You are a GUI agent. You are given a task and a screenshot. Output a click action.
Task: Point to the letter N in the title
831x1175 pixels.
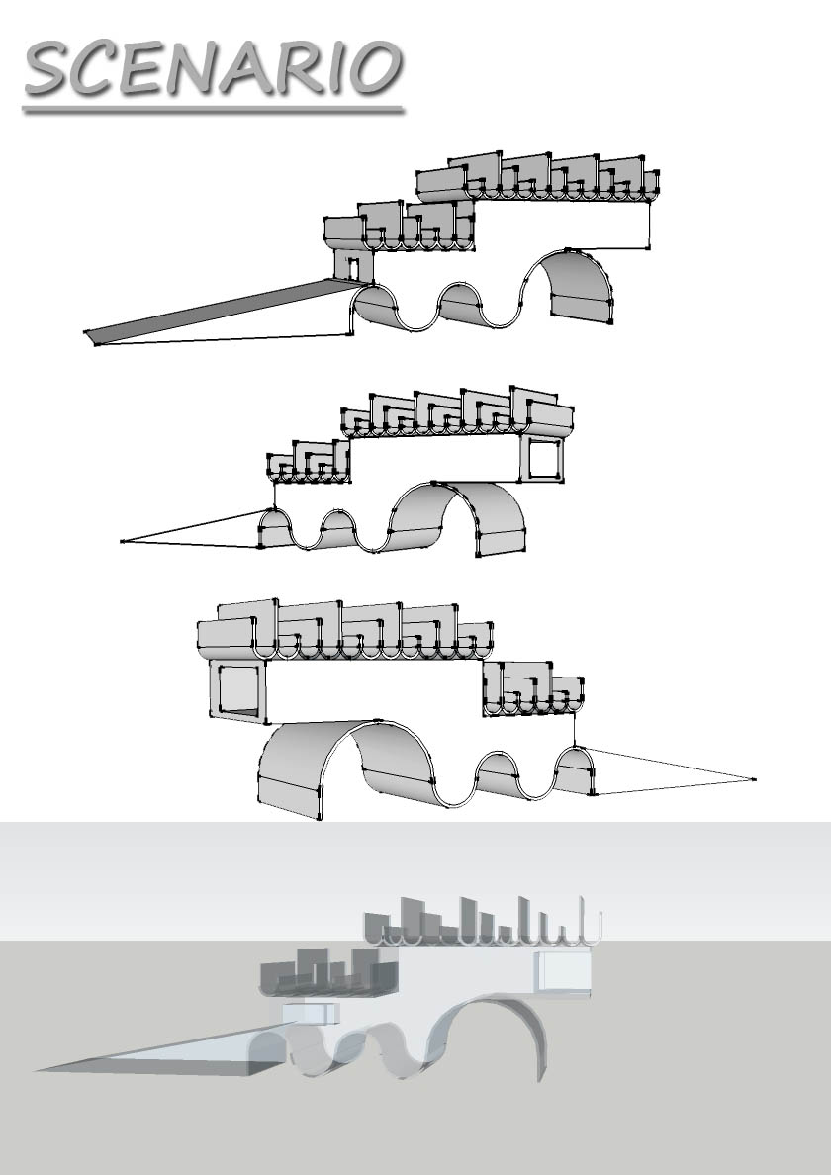pyautogui.click(x=195, y=68)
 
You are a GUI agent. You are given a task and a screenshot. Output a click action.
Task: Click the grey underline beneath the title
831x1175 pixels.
pyautogui.click(x=214, y=110)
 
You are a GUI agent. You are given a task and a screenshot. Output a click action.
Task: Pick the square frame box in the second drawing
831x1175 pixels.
pyautogui.click(x=541, y=459)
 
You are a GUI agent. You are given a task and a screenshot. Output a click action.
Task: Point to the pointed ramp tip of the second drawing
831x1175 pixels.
pyautogui.click(x=123, y=541)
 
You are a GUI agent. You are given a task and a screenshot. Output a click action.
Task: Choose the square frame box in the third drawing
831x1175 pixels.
pyautogui.click(x=237, y=690)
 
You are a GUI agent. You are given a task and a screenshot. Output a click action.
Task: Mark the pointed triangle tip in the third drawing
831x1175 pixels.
pyautogui.click(x=753, y=780)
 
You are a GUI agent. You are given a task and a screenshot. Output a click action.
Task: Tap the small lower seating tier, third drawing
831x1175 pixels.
pyautogui.click(x=533, y=689)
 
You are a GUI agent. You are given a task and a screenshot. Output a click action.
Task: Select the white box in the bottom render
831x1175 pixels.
pyautogui.click(x=564, y=972)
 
